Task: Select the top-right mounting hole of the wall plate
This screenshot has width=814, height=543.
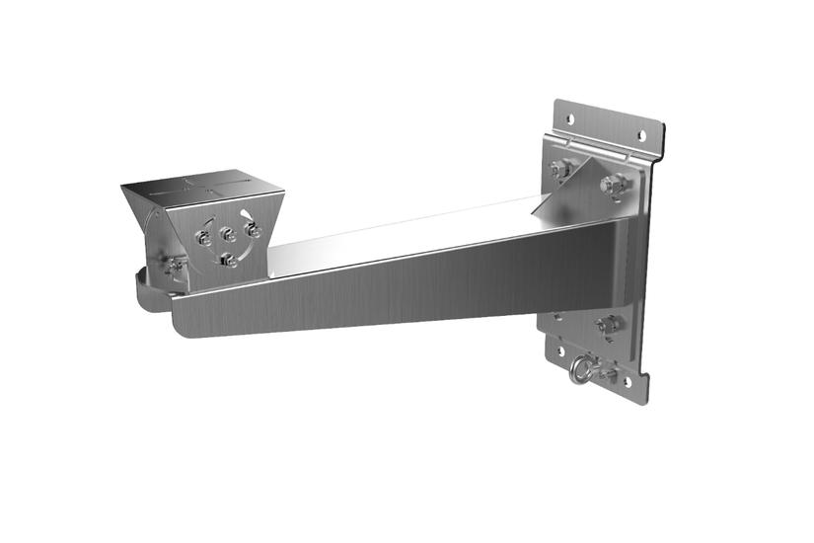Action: click(x=639, y=134)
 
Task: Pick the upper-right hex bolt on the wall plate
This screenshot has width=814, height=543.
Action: click(x=616, y=185)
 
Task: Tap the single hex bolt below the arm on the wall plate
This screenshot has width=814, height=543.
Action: click(x=609, y=323)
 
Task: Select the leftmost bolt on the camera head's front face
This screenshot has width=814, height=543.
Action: click(x=203, y=238)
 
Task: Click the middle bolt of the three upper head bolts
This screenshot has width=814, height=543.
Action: click(x=227, y=235)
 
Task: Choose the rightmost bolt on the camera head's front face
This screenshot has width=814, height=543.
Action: click(x=253, y=230)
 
